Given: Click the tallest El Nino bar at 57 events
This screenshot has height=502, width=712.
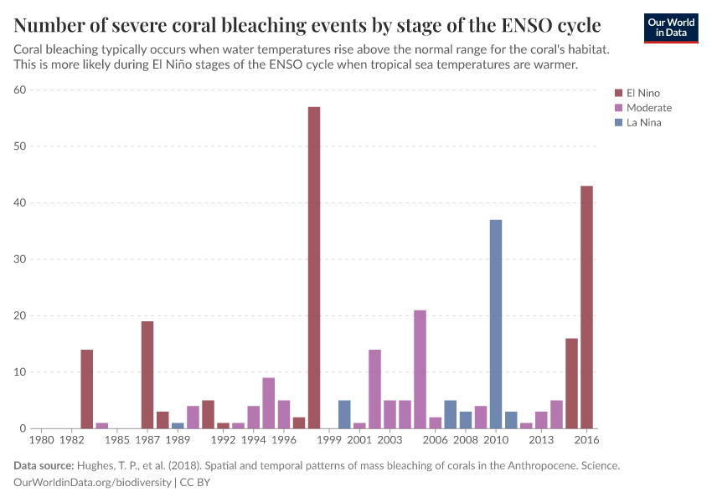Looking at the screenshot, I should tap(314, 268).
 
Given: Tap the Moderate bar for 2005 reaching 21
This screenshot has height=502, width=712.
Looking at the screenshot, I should tap(420, 369).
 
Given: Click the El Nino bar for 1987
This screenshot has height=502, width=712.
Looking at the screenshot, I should tap(147, 375).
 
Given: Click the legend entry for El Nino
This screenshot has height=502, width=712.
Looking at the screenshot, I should tap(642, 93).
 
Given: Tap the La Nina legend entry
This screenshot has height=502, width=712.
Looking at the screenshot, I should tap(642, 123).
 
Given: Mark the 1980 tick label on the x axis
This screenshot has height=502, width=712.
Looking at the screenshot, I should tap(42, 440).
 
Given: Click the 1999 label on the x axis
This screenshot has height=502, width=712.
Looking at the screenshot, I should tap(329, 440).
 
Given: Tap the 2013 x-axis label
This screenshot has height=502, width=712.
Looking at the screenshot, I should tap(541, 440).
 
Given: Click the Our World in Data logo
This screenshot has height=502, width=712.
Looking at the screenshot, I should tap(670, 27).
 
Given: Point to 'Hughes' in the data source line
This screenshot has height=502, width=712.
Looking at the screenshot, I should tap(98, 466).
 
